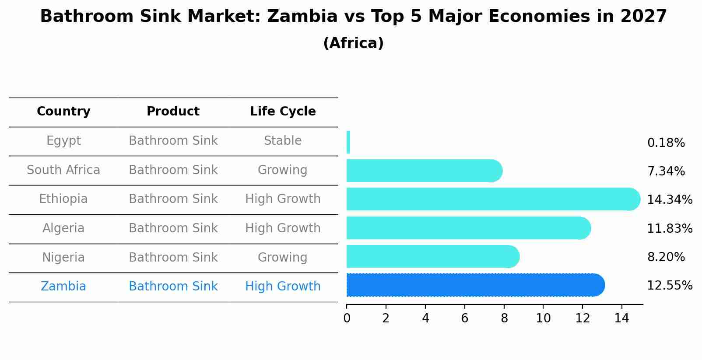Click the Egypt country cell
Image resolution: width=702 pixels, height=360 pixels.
tap(63, 141)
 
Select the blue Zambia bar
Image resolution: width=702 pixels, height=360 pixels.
tap(475, 285)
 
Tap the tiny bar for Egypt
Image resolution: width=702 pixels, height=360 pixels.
tap(348, 143)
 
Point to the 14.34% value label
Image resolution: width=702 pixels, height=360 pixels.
tap(669, 200)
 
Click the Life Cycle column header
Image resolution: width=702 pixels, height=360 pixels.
tap(283, 112)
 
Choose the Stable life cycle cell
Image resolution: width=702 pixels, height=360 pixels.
tap(283, 141)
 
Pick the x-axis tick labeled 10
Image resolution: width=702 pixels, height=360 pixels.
tap(543, 318)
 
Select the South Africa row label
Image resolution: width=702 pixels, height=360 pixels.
tap(63, 170)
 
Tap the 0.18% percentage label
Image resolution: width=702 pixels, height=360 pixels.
tap(666, 143)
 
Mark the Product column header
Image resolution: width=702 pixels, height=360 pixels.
tap(173, 112)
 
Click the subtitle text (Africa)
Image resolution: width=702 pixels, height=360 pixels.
tap(353, 43)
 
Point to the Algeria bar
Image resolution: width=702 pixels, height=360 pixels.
tap(468, 228)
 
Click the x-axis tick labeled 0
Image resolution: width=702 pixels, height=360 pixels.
tap(347, 318)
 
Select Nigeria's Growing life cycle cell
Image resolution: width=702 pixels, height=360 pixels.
tap(283, 257)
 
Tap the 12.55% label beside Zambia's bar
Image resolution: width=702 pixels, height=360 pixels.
tap(669, 286)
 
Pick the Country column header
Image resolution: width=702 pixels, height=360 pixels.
tap(63, 112)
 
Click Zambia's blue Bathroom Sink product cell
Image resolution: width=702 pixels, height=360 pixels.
tap(173, 287)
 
